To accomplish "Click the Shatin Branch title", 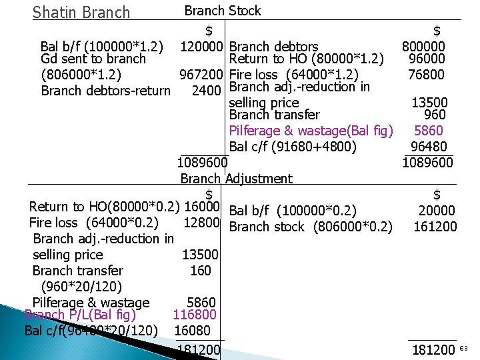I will (x=81, y=13).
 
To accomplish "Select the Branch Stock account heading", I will (x=223, y=11).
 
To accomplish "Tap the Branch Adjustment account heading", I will (x=236, y=179).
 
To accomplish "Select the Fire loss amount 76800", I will (x=427, y=74).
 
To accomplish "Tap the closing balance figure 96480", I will (x=429, y=147).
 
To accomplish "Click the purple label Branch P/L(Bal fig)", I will (x=80, y=315).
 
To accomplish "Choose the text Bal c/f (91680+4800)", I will (x=292, y=147).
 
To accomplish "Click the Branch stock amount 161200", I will (x=435, y=227).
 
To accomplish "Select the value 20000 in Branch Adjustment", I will (x=437, y=211).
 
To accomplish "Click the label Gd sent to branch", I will (x=93, y=59).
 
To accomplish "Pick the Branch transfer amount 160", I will (x=200, y=271).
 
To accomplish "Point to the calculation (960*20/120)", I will (x=81, y=287).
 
